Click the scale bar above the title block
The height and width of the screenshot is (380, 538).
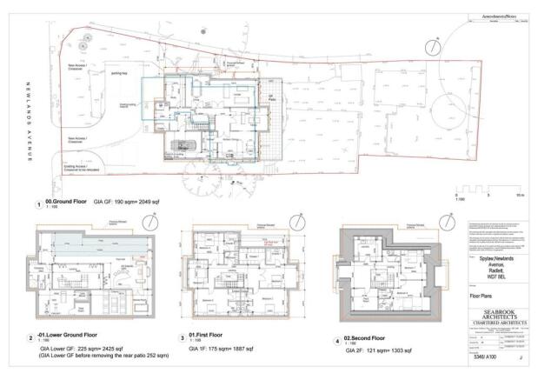click(486, 187)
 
